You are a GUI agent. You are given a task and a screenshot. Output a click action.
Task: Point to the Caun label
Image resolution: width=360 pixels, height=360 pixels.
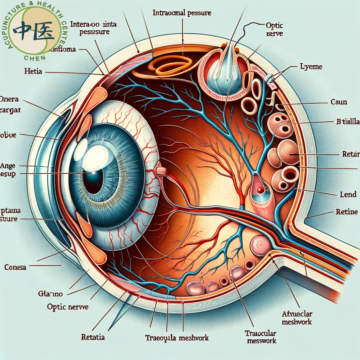pos(339,102)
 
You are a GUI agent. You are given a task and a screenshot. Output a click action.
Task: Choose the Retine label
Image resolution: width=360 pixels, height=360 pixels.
pos(347,212)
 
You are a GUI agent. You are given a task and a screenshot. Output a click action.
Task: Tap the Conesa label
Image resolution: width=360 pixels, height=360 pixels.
pos(15,267)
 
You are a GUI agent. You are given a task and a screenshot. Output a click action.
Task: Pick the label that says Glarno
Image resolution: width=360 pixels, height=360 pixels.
pos(50,293)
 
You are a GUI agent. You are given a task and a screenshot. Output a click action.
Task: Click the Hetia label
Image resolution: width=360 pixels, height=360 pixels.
pos(33,71)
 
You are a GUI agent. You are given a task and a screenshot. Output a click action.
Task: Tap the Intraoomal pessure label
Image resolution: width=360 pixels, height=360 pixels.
pos(182,13)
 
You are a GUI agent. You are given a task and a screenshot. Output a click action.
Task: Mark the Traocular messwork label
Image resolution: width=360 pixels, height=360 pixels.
pos(261,337)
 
